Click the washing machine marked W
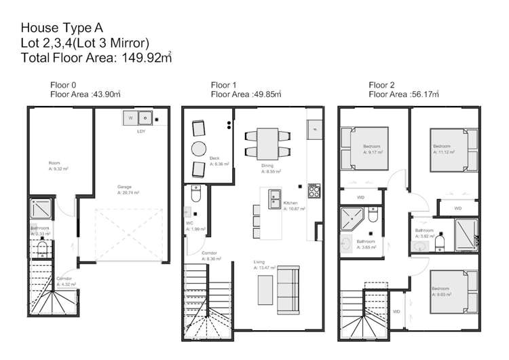[x=130, y=119]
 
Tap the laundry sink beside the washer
[x=145, y=119]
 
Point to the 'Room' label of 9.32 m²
[x=54, y=163]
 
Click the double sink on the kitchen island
[x=274, y=199]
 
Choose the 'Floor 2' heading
[x=381, y=85]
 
